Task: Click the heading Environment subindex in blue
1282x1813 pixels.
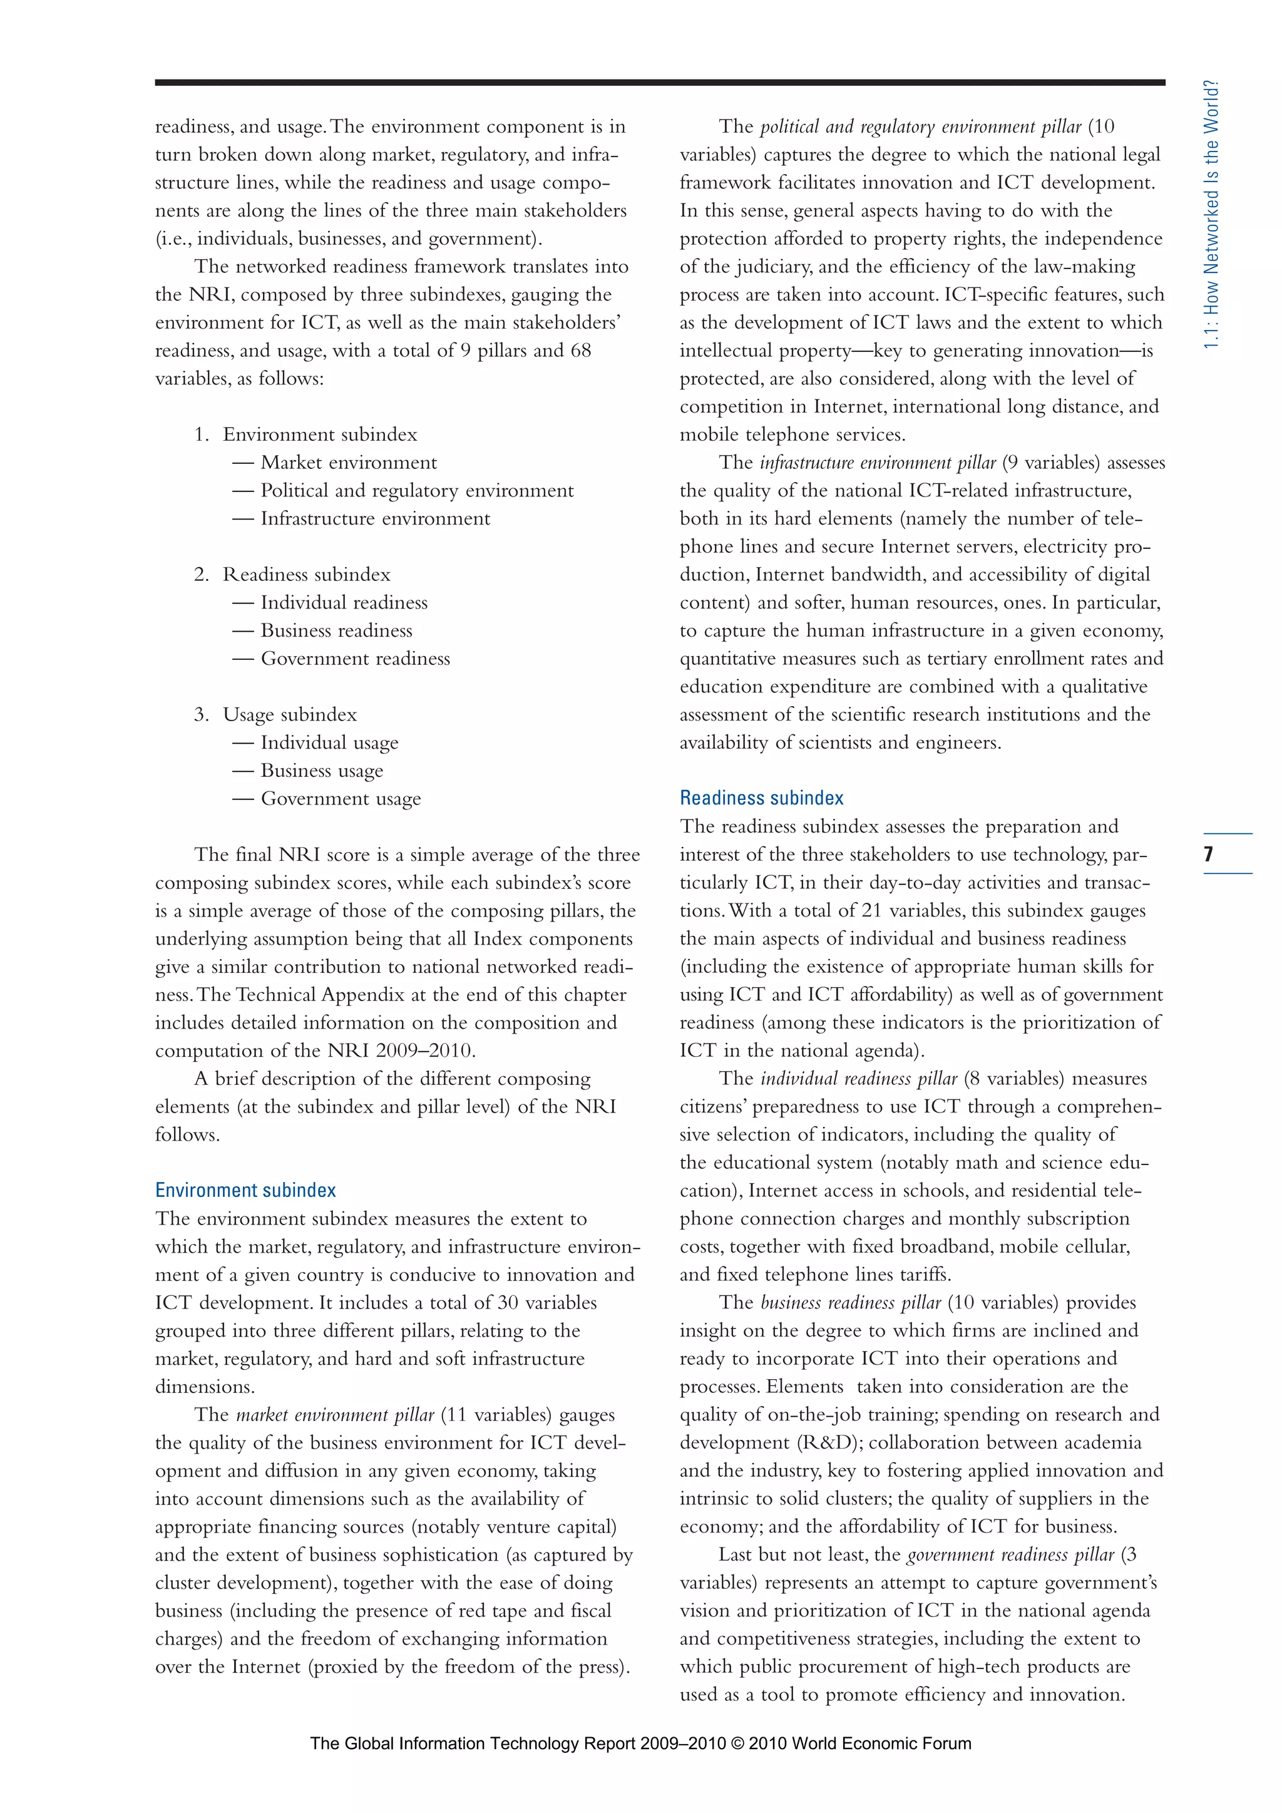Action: click(245, 1190)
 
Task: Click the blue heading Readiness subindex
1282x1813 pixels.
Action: click(761, 798)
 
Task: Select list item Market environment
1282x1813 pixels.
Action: click(348, 463)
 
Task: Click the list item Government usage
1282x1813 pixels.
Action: click(341, 799)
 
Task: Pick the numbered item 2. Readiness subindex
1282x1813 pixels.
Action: click(292, 575)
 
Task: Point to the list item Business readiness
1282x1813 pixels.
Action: click(336, 631)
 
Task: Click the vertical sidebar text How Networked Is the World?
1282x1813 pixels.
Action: click(1212, 215)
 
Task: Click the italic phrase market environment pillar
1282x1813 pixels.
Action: click(335, 1414)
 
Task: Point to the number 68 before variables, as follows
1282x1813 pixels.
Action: click(580, 351)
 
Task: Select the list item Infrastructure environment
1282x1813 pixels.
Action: click(375, 519)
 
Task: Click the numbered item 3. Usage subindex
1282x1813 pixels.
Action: click(275, 714)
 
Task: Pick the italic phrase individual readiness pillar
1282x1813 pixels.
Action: click(858, 1079)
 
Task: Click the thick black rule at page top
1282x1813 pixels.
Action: click(659, 82)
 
